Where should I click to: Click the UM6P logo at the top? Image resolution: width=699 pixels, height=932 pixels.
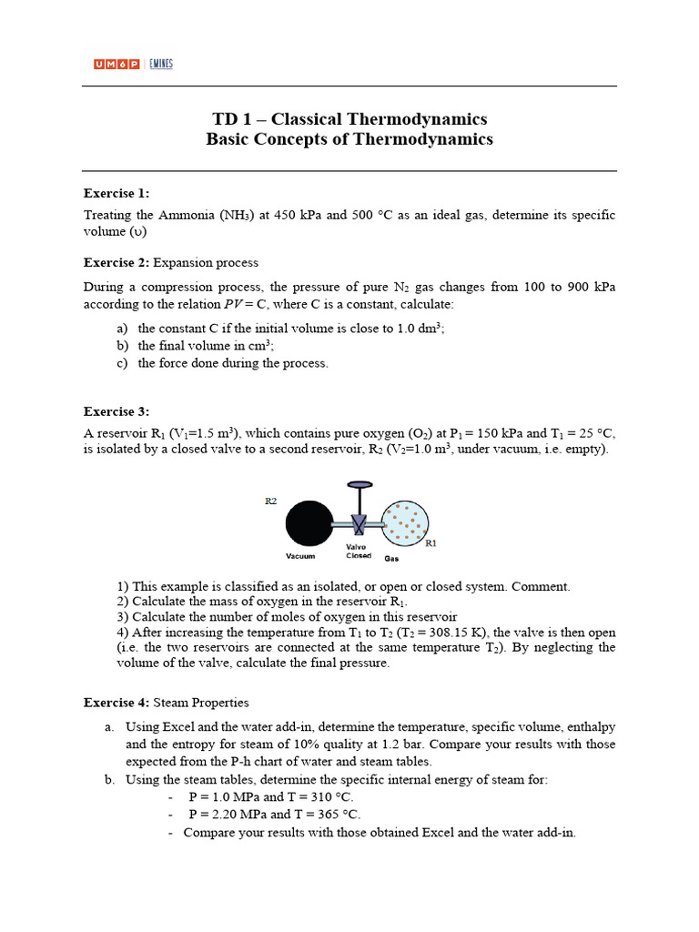click(x=116, y=64)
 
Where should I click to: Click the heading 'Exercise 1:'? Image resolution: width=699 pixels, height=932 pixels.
click(x=116, y=193)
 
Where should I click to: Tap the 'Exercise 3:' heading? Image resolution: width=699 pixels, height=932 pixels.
click(x=116, y=411)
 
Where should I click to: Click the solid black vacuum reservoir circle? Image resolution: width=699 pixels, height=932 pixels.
click(x=309, y=525)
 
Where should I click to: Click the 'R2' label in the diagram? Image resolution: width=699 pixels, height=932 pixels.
click(x=270, y=501)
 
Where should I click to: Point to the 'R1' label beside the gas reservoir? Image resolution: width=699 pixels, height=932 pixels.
click(x=431, y=542)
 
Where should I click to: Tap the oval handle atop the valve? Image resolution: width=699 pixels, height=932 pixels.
click(x=360, y=484)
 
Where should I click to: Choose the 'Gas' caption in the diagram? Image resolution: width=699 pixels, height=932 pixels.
click(x=391, y=558)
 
